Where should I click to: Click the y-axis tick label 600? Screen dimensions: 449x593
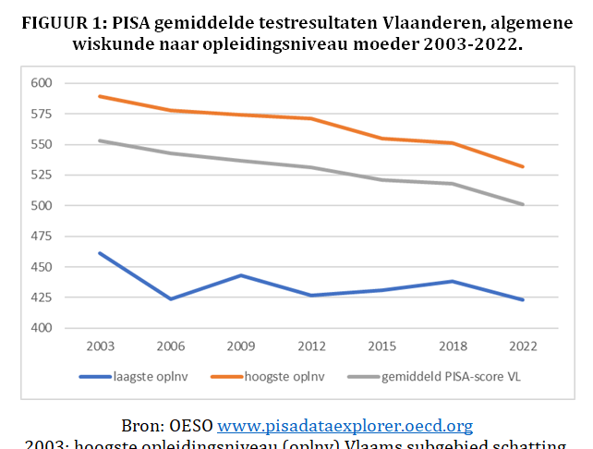[42, 83]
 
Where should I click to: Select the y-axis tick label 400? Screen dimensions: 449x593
[42, 328]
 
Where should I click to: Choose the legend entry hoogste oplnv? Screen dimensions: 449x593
[290, 376]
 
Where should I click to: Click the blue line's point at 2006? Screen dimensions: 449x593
[171, 299]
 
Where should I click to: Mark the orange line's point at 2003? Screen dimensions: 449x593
[100, 96]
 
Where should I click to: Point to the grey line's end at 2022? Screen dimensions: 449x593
[523, 204]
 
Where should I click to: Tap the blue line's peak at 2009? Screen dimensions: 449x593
[241, 275]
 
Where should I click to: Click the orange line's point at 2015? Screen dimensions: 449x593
[382, 139]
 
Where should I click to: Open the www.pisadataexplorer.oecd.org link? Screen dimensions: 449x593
[345, 426]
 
